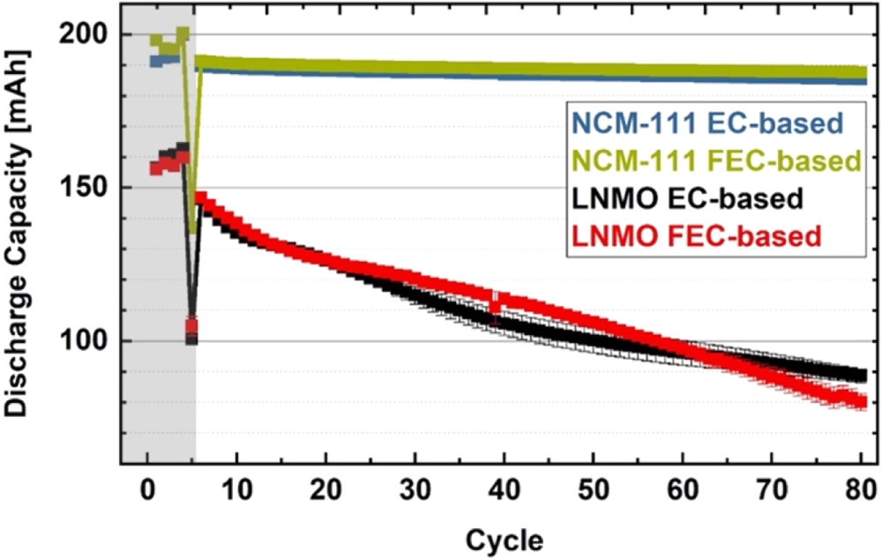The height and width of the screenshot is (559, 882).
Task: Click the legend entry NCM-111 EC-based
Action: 706,123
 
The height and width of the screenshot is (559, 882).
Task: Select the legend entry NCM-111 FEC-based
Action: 714,160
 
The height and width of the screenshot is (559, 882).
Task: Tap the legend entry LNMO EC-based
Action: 687,198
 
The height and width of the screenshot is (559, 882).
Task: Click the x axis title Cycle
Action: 504,537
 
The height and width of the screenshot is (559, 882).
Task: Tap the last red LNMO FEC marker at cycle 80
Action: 860,402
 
